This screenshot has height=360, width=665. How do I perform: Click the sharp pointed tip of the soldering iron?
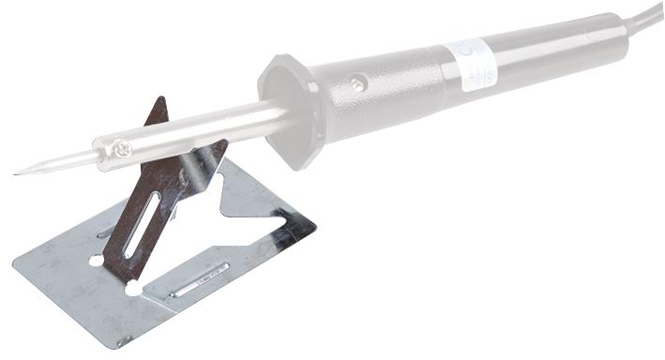(x=18, y=172)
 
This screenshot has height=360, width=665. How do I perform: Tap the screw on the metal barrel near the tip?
(x=122, y=147)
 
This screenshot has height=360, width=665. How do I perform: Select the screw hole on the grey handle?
(x=357, y=84)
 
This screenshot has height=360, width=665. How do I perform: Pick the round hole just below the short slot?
(x=97, y=260)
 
